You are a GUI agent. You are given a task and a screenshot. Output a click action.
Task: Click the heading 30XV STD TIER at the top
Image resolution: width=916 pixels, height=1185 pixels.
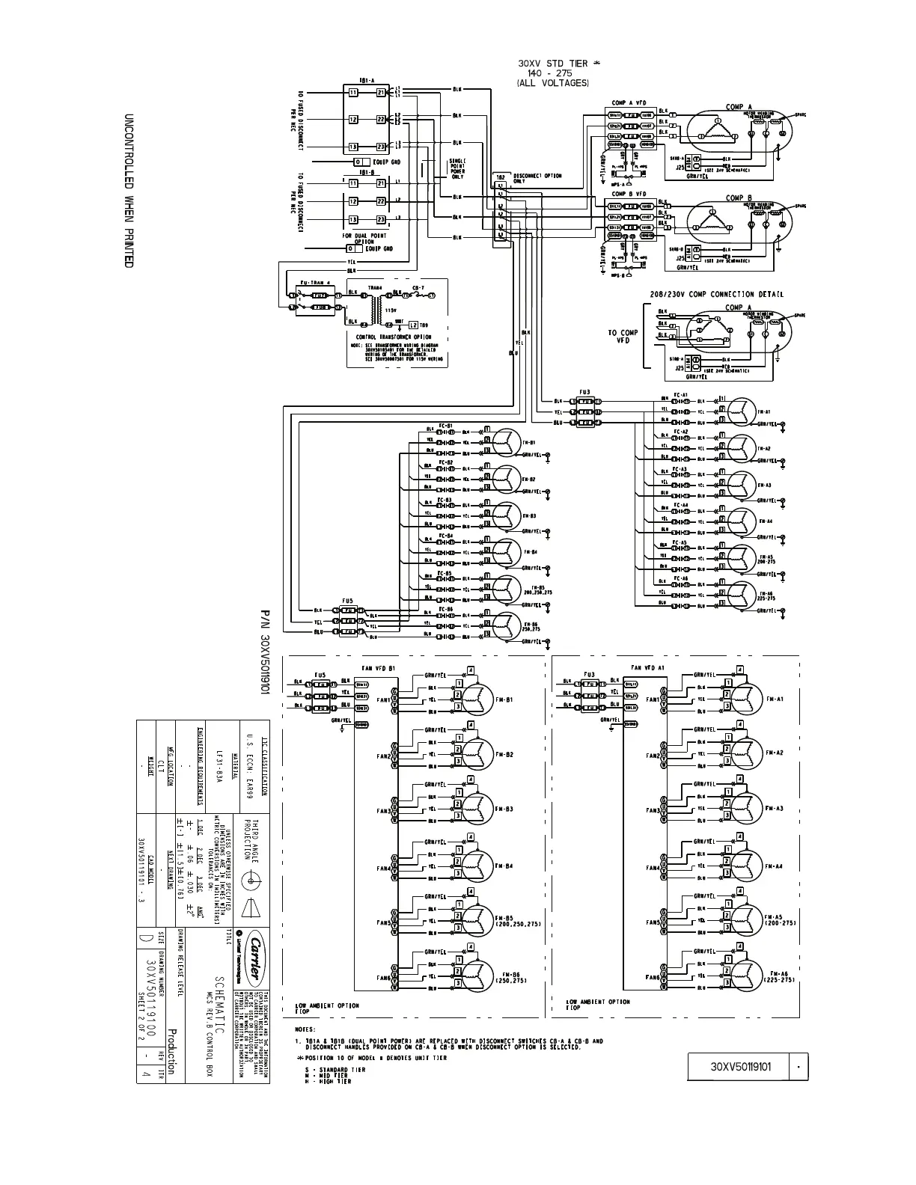pyautogui.click(x=554, y=64)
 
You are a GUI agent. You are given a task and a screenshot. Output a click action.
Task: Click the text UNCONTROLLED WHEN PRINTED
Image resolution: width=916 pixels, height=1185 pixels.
pyautogui.click(x=128, y=192)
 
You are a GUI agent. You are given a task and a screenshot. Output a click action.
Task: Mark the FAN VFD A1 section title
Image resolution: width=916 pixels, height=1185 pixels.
pyautogui.click(x=647, y=667)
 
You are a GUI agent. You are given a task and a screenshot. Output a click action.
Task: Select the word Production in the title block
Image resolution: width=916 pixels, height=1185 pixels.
pyautogui.click(x=171, y=1051)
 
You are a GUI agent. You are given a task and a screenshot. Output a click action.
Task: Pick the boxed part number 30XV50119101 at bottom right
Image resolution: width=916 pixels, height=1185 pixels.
pyautogui.click(x=739, y=1067)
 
